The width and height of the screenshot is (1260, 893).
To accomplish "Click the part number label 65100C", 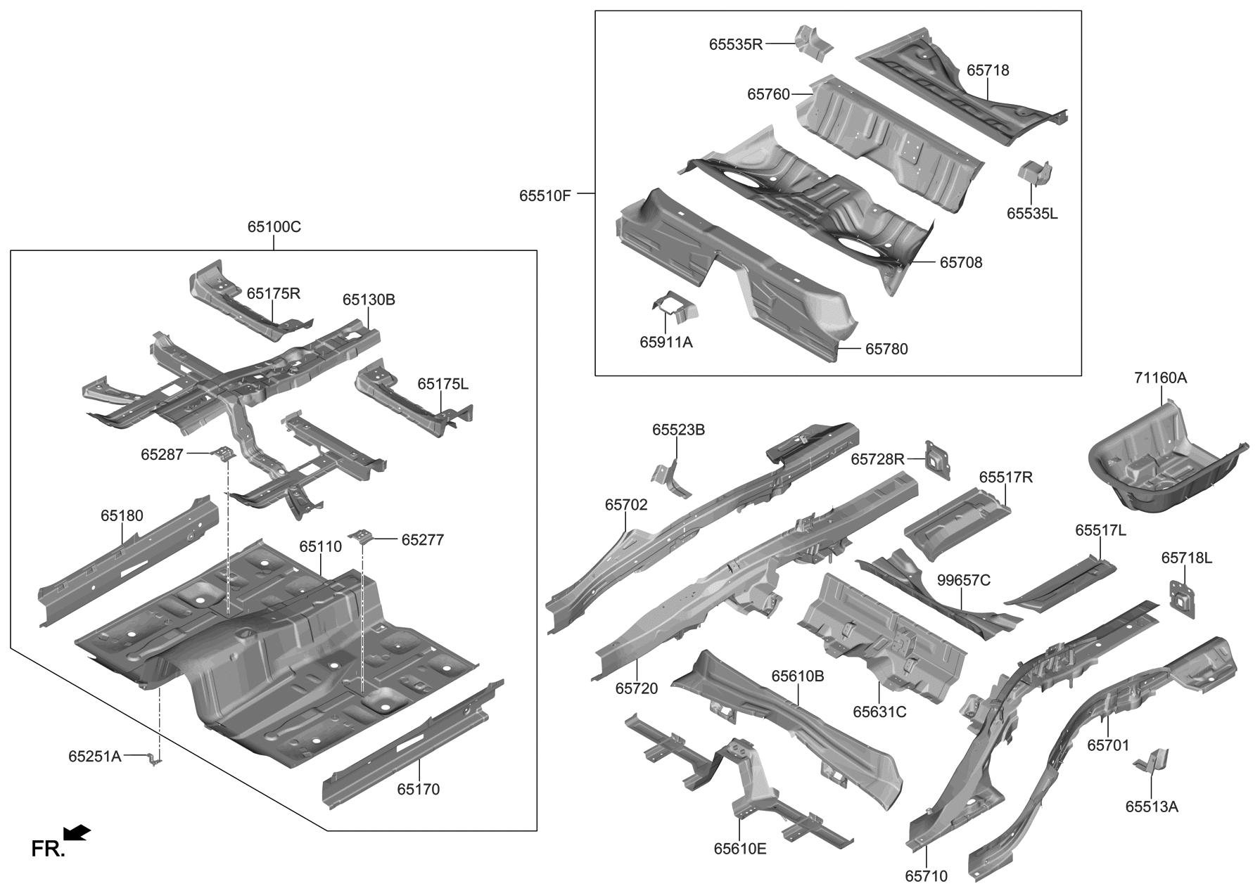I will point(274,227).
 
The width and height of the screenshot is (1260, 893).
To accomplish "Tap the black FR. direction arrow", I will point(77,833).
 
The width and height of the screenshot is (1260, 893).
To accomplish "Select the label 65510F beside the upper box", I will point(545,195).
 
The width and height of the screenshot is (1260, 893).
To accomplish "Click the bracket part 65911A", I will point(673,307).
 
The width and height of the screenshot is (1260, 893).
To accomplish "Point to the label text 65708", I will point(960,262).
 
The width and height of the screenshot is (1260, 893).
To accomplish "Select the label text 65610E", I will point(739,849).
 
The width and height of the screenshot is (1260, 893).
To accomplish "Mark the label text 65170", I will point(418,789).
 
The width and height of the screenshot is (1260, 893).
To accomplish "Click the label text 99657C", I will point(963,580).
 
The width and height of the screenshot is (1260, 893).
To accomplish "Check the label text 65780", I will point(886,349).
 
